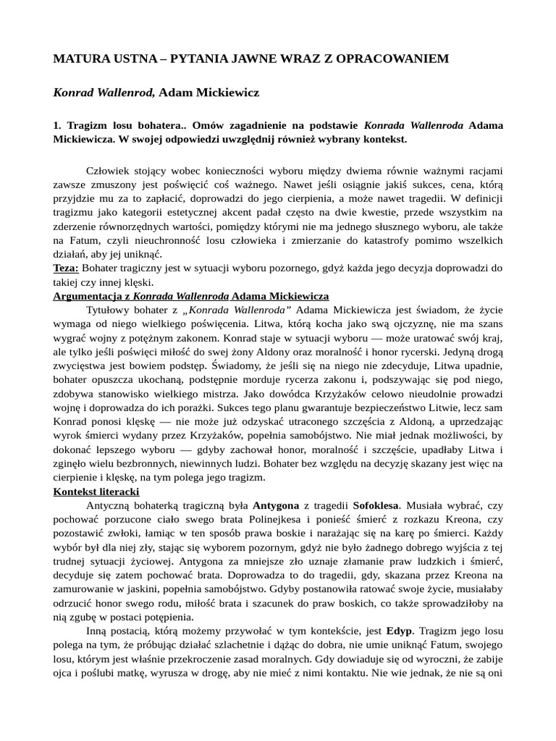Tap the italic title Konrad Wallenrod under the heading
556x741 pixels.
(x=104, y=93)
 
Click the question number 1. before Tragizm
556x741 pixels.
(x=58, y=125)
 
